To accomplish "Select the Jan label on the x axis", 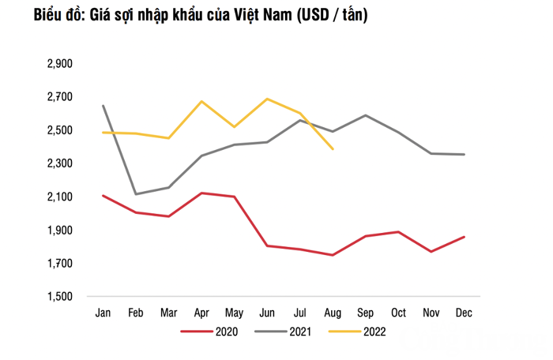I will pyautogui.click(x=103, y=313).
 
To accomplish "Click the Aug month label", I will pyautogui.click(x=333, y=313).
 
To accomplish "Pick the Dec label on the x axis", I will pyautogui.click(x=464, y=313).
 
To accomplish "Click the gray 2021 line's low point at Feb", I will pyautogui.click(x=136, y=194).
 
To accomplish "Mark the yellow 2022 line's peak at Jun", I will pyautogui.click(x=267, y=99).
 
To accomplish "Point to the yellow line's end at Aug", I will pyautogui.click(x=333, y=149).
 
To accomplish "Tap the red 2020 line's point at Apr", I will pyautogui.click(x=201, y=193).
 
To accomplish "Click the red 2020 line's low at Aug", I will pyautogui.click(x=333, y=255).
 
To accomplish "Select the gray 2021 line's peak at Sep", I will pyautogui.click(x=366, y=115).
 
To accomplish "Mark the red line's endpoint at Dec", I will pyautogui.click(x=465, y=237).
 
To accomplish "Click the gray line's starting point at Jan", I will pyautogui.click(x=103, y=105).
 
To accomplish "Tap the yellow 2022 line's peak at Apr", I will pyautogui.click(x=201, y=101).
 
